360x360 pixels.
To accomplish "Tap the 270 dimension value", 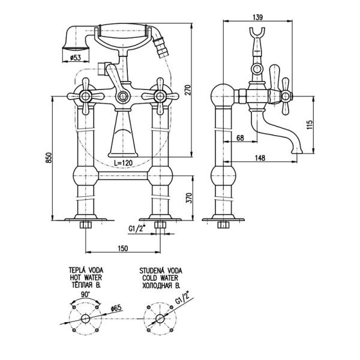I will pyautogui.click(x=187, y=89).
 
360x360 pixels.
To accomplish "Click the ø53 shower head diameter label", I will pyautogui.click(x=75, y=58).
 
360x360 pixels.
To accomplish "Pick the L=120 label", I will pyautogui.click(x=123, y=163).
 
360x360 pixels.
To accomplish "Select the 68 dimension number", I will pyautogui.click(x=240, y=139).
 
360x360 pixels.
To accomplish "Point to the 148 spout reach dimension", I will pyautogui.click(x=260, y=158).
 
